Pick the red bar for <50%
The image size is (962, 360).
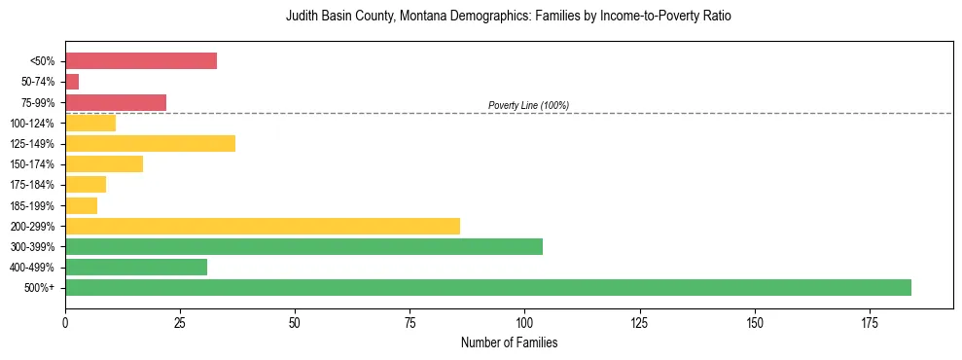tap(141, 60)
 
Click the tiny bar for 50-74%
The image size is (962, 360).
tap(72, 82)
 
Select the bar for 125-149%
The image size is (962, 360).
tap(150, 143)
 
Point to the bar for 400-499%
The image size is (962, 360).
tap(136, 267)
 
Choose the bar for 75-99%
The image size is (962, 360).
tap(116, 102)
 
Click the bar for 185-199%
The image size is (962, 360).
tap(81, 205)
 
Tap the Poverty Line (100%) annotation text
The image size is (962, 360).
tap(528, 105)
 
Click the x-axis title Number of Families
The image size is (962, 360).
tap(509, 342)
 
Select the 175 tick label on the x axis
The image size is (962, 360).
tap(754, 321)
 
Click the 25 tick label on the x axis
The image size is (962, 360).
tap(180, 321)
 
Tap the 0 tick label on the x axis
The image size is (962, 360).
tap(65, 321)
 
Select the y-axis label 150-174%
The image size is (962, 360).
tap(32, 164)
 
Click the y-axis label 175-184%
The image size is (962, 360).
tap(32, 185)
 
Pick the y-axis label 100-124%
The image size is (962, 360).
tap(32, 123)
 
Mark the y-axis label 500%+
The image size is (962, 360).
tap(40, 288)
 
